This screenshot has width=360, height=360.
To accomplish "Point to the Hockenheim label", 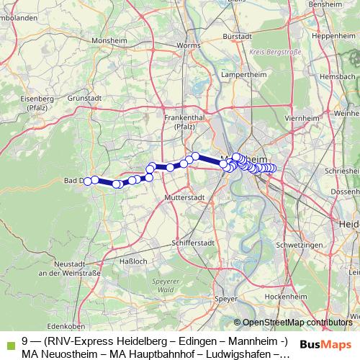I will [281, 296].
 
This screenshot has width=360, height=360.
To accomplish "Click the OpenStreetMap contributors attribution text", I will [297, 322].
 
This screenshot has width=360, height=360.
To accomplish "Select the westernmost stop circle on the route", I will [88, 181].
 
